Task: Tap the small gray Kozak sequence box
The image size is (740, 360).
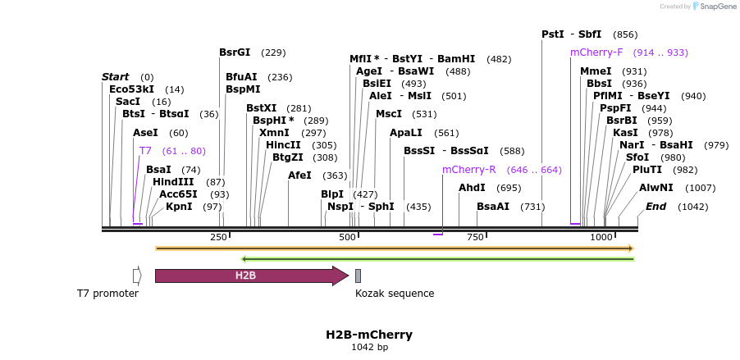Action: point(358,276)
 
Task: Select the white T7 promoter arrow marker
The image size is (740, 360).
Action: point(137,276)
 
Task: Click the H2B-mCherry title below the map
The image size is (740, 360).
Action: point(369,335)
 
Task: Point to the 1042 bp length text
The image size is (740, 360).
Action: point(369,348)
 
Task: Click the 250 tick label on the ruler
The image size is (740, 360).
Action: point(218,237)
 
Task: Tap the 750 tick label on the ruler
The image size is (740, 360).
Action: point(475,237)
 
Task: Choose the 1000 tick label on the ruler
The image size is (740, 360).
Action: point(601,237)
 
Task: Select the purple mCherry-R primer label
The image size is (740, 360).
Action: point(468,170)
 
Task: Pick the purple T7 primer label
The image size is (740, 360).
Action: point(145,151)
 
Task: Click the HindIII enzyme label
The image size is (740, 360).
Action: point(173,182)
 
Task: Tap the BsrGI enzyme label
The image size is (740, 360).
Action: point(235,52)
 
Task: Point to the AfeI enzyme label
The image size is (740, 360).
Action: point(299,175)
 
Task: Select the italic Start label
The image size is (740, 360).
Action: point(115,77)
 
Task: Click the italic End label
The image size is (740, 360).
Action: point(655,207)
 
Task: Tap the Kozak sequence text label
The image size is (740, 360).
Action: point(395,293)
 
